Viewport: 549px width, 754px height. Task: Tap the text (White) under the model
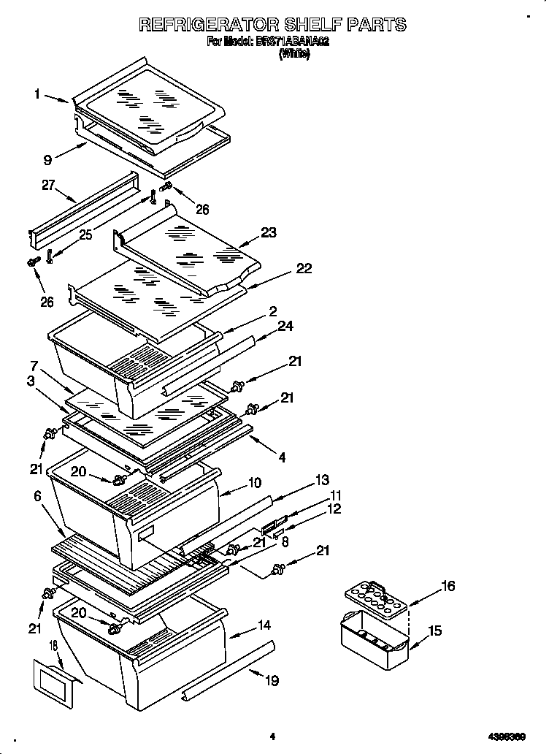(x=294, y=55)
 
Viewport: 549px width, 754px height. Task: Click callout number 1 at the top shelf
(x=37, y=94)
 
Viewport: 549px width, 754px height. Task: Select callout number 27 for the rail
(x=49, y=185)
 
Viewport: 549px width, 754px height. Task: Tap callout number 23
(x=269, y=233)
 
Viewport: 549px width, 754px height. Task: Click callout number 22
(x=303, y=268)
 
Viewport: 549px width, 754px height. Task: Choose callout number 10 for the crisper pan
(x=254, y=482)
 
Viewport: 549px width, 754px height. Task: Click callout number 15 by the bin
(x=434, y=630)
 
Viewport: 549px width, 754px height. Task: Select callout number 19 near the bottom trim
(x=272, y=680)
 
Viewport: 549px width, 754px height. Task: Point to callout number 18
(x=53, y=646)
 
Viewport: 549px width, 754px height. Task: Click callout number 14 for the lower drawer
(x=264, y=625)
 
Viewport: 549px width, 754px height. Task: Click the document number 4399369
(x=507, y=736)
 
